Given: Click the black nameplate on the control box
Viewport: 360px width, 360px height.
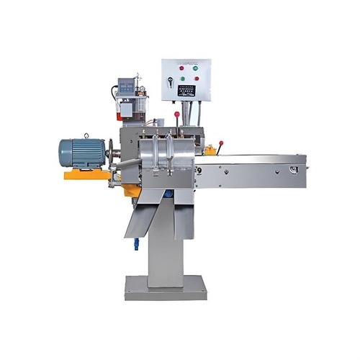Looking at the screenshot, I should (187, 91).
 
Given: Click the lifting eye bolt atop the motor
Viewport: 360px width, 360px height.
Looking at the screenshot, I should (86, 135).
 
